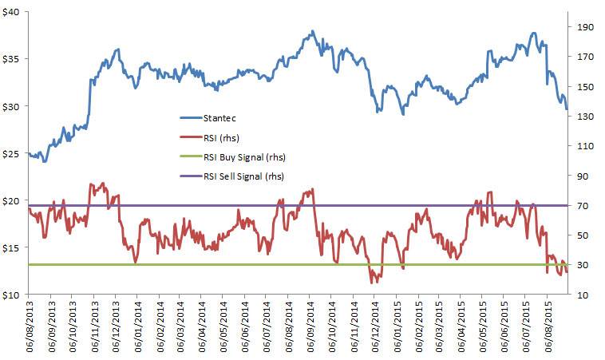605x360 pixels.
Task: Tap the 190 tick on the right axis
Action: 580,26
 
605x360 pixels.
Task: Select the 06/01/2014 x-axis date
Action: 138,327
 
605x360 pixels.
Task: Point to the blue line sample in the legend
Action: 190,118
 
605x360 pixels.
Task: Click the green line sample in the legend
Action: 190,156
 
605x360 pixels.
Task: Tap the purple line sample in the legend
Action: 190,176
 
